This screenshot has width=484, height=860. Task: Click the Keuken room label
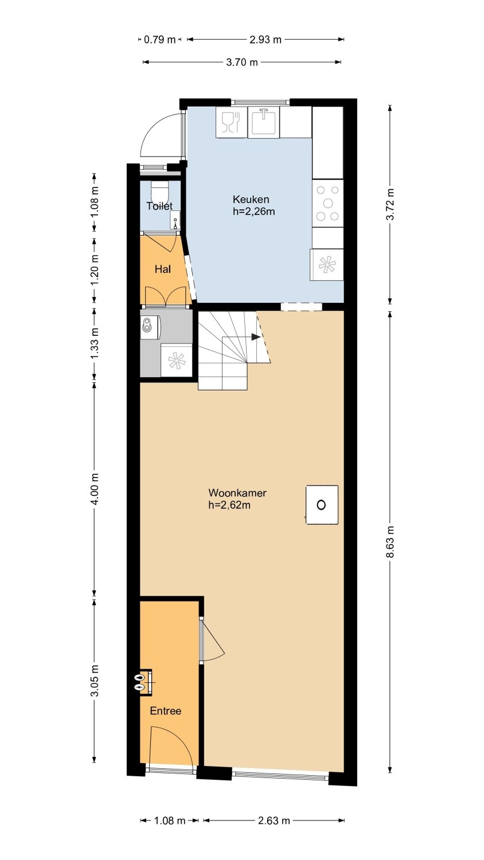[x=251, y=200]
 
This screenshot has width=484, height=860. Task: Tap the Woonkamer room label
[x=237, y=492]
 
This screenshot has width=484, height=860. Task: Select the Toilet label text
[x=159, y=206]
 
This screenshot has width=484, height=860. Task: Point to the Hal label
[x=163, y=269]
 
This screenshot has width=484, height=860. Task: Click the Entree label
[x=166, y=711]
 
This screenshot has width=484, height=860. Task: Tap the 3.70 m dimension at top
[x=242, y=62]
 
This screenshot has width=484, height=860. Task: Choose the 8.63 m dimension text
[x=391, y=541]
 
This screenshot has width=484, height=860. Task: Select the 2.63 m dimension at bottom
[x=274, y=820]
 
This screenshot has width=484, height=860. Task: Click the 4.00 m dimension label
[x=95, y=488]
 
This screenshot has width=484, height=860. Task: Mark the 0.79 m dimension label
[x=160, y=39]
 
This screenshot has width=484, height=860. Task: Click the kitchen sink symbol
[x=264, y=122]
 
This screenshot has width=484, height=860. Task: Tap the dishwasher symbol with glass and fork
[x=232, y=122]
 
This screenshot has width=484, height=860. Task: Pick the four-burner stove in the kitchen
[x=327, y=203]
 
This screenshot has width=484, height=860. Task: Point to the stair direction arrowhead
[x=256, y=337]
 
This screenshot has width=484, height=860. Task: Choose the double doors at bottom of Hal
[x=166, y=296]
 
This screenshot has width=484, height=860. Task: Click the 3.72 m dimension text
[x=391, y=204]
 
